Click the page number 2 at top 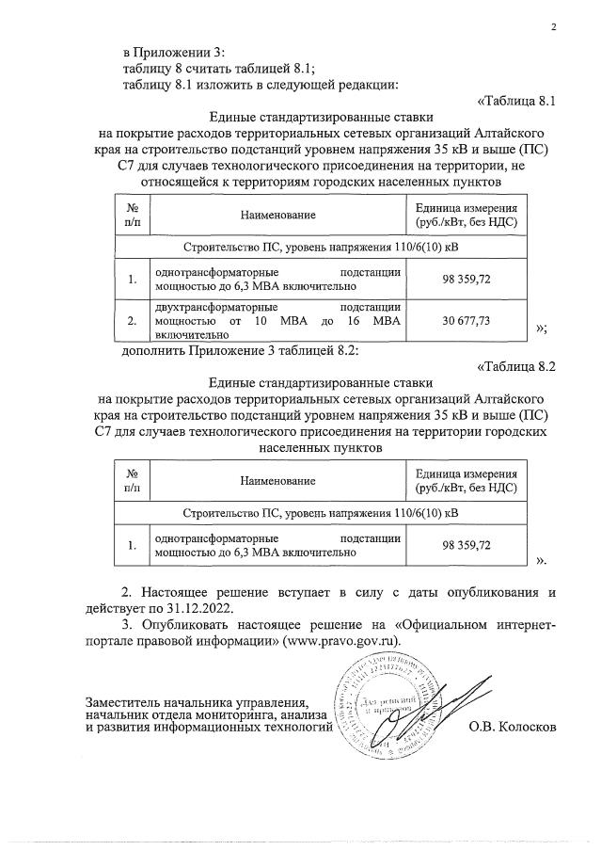[x=554, y=26]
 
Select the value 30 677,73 [x=467, y=321]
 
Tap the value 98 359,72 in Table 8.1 [x=467, y=279]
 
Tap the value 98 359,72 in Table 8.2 [x=467, y=545]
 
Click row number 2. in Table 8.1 [x=132, y=321]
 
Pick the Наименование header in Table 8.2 [x=277, y=481]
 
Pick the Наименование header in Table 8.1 [x=277, y=216]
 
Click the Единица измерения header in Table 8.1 [x=467, y=216]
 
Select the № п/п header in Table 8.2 [x=132, y=481]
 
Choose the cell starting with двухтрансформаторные [x=277, y=321]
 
